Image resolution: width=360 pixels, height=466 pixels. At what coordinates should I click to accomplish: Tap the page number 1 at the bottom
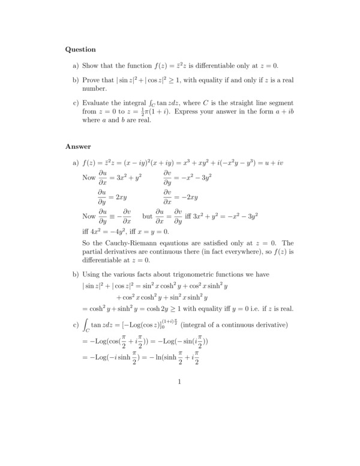180,381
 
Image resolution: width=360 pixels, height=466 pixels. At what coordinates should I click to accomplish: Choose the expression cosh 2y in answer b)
161,309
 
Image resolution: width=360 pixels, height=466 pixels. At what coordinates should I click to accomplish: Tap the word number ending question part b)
94,88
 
